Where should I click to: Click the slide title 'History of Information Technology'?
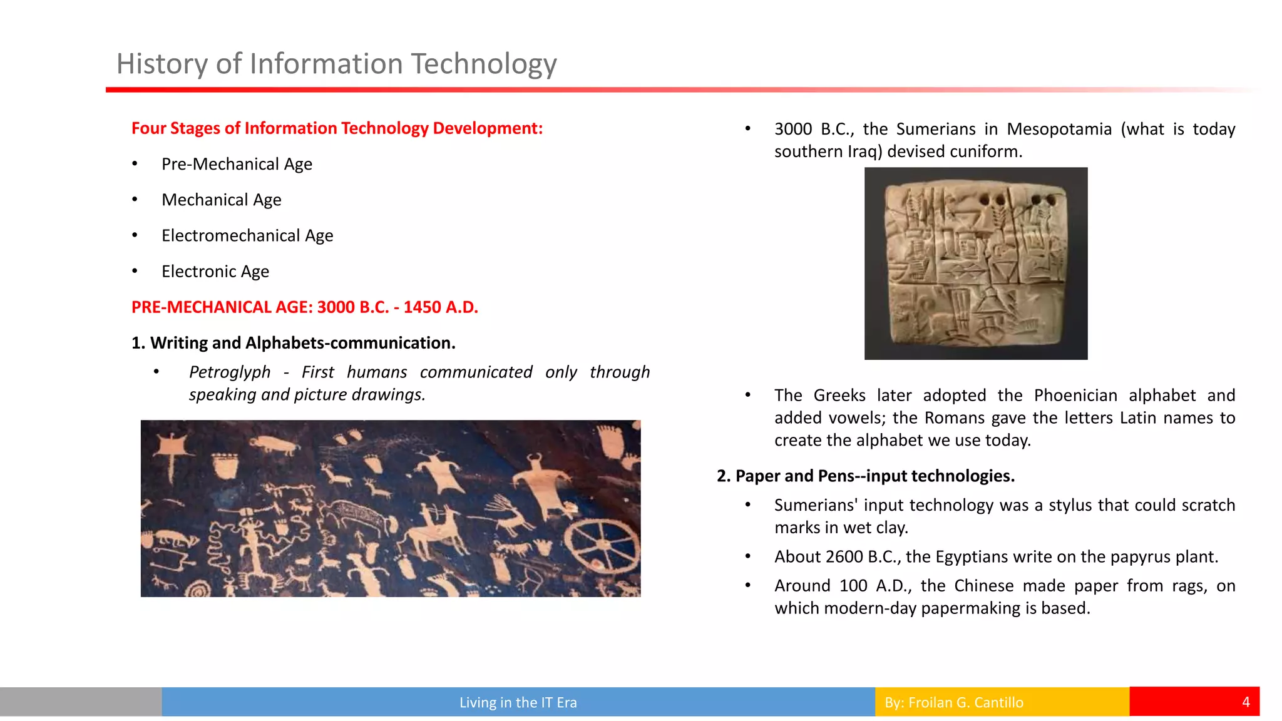[x=336, y=64]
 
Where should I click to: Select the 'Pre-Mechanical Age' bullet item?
[x=237, y=164]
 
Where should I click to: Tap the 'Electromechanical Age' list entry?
[x=247, y=235]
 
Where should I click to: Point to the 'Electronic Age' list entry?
[x=215, y=272]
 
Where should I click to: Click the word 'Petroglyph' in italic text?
[x=230, y=372]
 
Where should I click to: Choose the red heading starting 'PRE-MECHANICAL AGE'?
[x=304, y=307]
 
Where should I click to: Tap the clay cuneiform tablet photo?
[x=975, y=263]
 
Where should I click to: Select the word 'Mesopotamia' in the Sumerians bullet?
[x=1059, y=129]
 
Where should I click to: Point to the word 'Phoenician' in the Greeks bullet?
[x=1075, y=396]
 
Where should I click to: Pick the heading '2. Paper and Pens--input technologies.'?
[x=866, y=476]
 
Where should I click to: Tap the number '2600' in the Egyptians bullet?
[x=844, y=557]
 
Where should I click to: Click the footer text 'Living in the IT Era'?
[x=518, y=702]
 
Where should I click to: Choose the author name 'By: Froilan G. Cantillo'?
[x=953, y=702]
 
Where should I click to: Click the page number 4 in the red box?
[x=1246, y=702]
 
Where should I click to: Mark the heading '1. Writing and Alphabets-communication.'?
[x=293, y=343]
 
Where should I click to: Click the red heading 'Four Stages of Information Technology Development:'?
[x=337, y=128]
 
